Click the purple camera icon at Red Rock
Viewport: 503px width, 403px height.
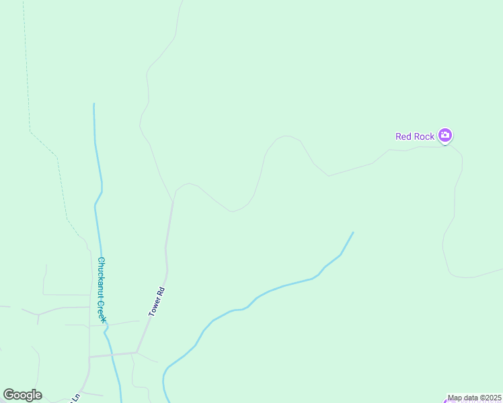pyautogui.click(x=444, y=136)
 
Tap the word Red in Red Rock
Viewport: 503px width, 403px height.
pyautogui.click(x=403, y=136)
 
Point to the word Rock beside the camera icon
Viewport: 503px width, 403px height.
pyautogui.click(x=424, y=136)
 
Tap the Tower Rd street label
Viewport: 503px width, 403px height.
pyautogui.click(x=157, y=302)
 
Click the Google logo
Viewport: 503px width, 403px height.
pyautogui.click(x=23, y=395)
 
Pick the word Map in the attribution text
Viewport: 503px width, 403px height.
pyautogui.click(x=455, y=398)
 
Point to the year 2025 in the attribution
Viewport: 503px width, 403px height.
pyautogui.click(x=493, y=398)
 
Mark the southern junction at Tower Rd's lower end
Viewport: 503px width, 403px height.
pyautogui.click(x=137, y=352)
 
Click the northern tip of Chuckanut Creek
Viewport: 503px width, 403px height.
pyautogui.click(x=93, y=104)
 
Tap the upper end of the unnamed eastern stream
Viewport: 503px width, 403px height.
pyautogui.click(x=352, y=233)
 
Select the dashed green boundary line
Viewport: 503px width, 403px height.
pyautogui.click(x=59, y=175)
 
